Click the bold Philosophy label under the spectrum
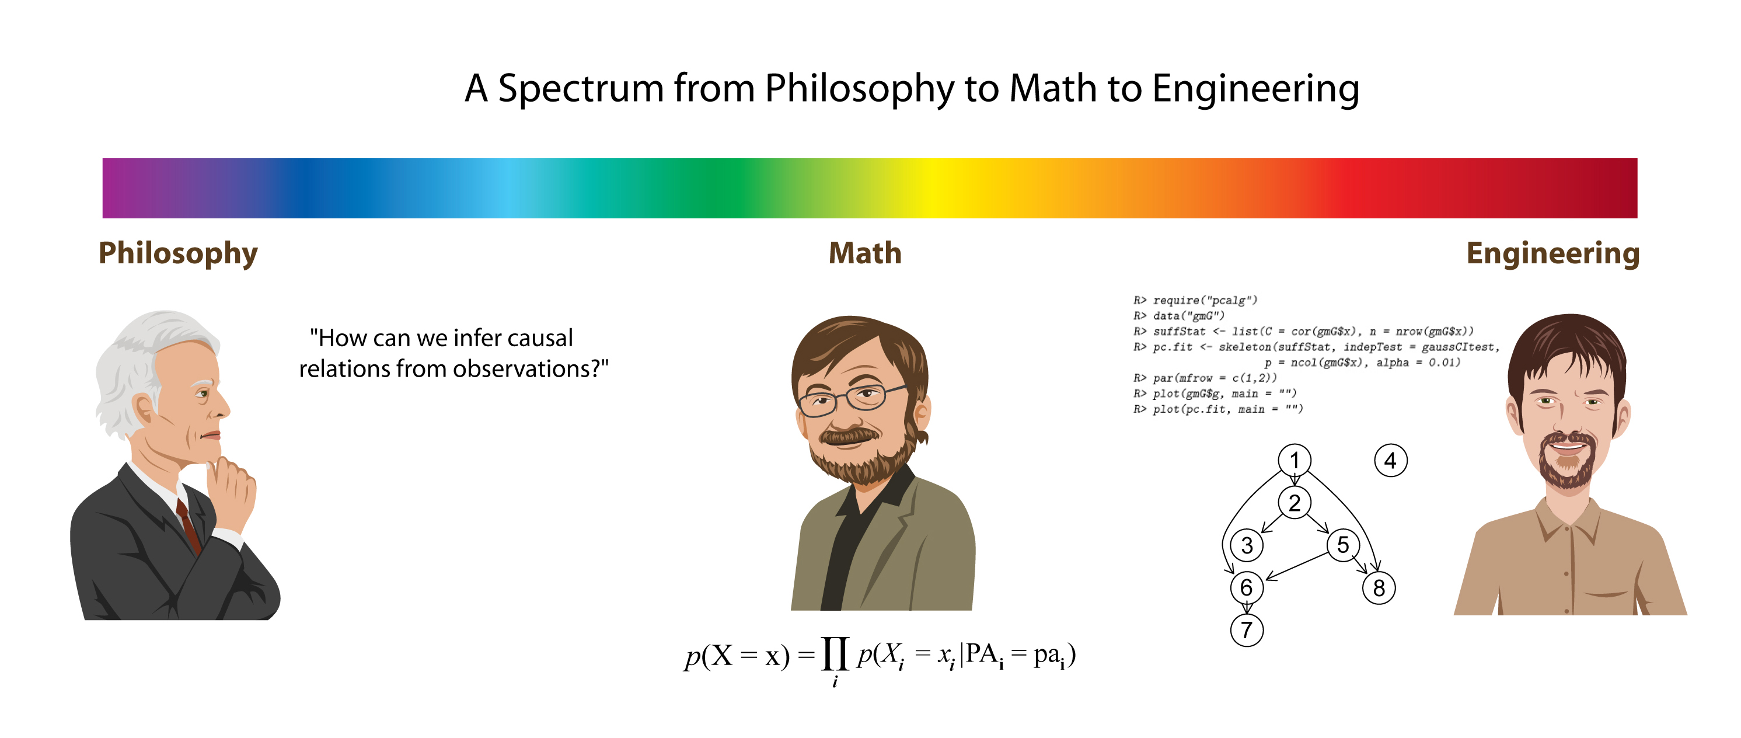pos(178,254)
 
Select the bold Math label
pos(865,253)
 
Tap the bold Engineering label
pos(1553,254)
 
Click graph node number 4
pos(1391,461)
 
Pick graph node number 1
pos(1295,460)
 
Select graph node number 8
pos(1379,588)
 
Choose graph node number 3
pos(1247,545)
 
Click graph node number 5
pos(1343,545)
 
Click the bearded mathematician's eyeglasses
pos(852,399)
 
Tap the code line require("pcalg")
pos(1195,300)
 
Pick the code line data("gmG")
pos(1179,316)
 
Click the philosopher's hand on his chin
pos(231,490)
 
